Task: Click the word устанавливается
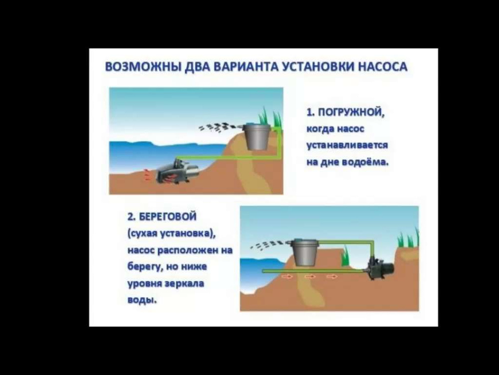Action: pos(347,145)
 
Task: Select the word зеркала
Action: pos(185,283)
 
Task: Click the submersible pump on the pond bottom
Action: pos(176,172)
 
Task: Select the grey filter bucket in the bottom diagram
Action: pos(305,252)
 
